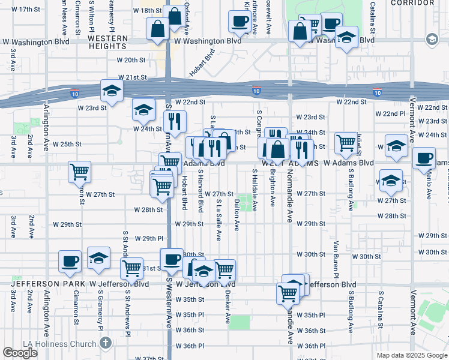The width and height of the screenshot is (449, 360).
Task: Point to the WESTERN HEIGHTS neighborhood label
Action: (x=108, y=38)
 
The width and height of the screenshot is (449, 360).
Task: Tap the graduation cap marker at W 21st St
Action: (x=112, y=91)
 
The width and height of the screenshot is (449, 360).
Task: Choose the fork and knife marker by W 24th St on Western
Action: (x=175, y=121)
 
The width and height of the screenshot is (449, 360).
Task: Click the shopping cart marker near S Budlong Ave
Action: (x=346, y=143)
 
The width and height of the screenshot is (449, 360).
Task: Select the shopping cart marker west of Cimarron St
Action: (x=79, y=172)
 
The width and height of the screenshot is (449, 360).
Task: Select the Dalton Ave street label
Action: (x=237, y=215)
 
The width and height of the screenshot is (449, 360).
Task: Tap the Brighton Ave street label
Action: (x=273, y=193)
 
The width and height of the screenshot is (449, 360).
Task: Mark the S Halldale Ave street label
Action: (x=255, y=190)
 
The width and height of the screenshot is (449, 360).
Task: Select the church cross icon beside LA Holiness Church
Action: (x=106, y=344)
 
